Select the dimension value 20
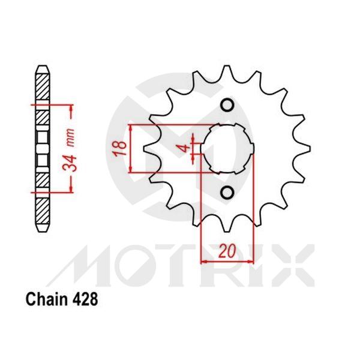click(x=227, y=252)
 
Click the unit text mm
click(x=73, y=140)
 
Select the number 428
click(x=83, y=298)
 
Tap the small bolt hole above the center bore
click(x=227, y=106)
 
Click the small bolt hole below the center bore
click(x=227, y=192)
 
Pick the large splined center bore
click(x=227, y=149)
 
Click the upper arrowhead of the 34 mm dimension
click(x=72, y=109)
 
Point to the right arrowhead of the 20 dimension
click(x=249, y=262)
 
